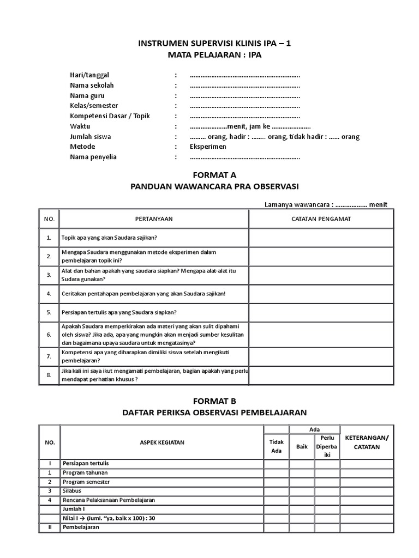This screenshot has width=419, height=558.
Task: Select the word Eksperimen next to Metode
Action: [208, 147]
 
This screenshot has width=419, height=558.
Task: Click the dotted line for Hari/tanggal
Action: [245, 75]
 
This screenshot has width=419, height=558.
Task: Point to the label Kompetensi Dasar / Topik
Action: [110, 116]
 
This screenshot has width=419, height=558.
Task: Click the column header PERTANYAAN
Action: [154, 219]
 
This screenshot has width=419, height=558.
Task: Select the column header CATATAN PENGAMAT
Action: [321, 219]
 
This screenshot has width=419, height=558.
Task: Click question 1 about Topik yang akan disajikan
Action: [110, 238]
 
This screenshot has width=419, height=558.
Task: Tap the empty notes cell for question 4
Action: [321, 294]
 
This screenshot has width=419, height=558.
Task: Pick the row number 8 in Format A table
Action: [49, 375]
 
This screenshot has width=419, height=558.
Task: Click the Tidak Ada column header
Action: [277, 447]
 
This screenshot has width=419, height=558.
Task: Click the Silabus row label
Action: [72, 490]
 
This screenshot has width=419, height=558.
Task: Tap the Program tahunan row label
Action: [85, 472]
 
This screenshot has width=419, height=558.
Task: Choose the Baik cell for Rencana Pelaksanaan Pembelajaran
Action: [302, 500]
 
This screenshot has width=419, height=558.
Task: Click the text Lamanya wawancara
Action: [297, 204]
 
